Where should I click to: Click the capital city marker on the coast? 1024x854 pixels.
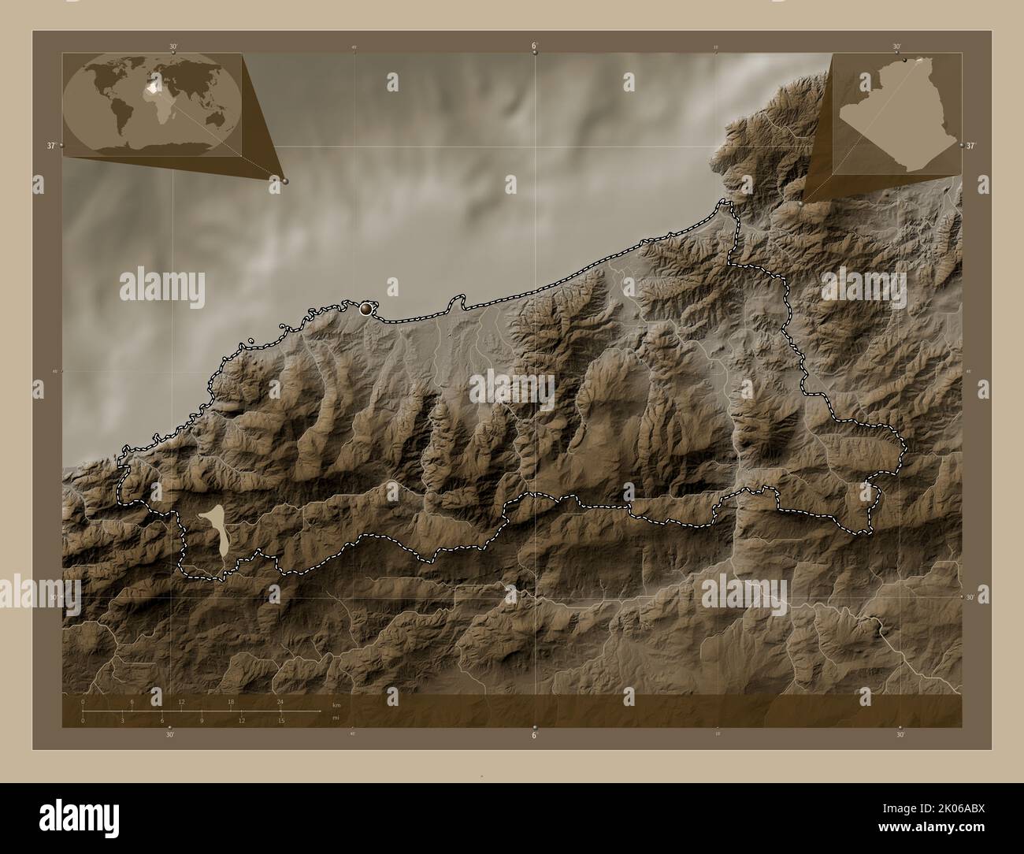tap(365, 310)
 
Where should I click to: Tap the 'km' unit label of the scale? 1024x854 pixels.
tap(336, 705)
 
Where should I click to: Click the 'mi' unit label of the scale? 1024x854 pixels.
tap(336, 718)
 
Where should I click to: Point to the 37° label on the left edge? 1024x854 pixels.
tap(50, 146)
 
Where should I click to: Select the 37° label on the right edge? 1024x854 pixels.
tap(970, 146)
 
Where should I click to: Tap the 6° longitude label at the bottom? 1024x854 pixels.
tap(534, 735)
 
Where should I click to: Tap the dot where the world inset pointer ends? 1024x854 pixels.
tap(284, 180)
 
